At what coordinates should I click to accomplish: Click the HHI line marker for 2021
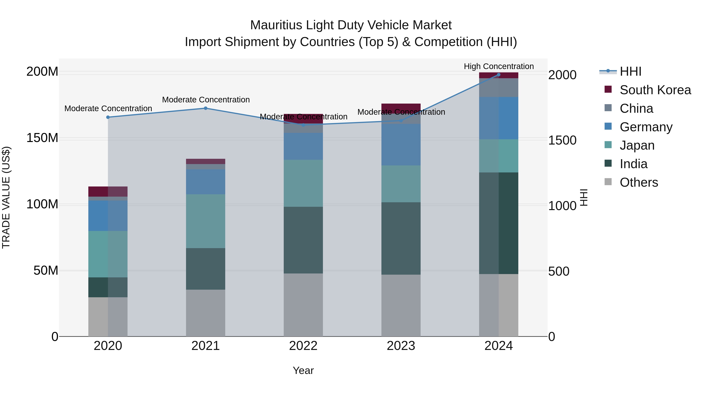tap(206, 108)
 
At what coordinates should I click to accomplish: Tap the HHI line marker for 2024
tap(498, 75)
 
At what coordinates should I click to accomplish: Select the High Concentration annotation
tap(498, 66)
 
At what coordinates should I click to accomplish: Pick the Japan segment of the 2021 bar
tap(206, 221)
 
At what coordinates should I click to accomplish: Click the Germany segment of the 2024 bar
tap(498, 118)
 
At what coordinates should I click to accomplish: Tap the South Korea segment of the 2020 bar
tap(108, 191)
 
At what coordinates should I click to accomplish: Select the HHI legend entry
tap(630, 71)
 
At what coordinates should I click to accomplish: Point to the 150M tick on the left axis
tap(42, 138)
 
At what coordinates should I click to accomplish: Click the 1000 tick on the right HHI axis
tap(562, 206)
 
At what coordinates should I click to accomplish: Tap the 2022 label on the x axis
tap(303, 346)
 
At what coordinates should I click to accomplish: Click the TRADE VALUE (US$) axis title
tap(6, 197)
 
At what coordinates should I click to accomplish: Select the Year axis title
tap(303, 370)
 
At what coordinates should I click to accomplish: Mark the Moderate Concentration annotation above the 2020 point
tap(108, 108)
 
